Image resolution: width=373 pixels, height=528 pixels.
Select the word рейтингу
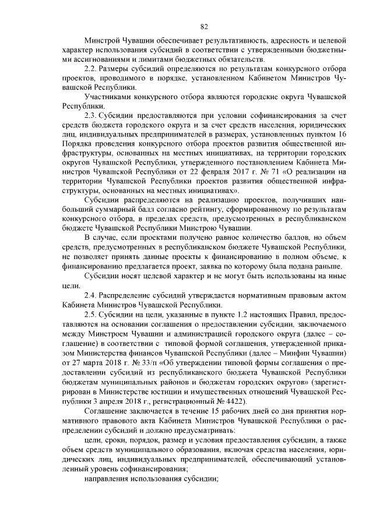208,209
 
